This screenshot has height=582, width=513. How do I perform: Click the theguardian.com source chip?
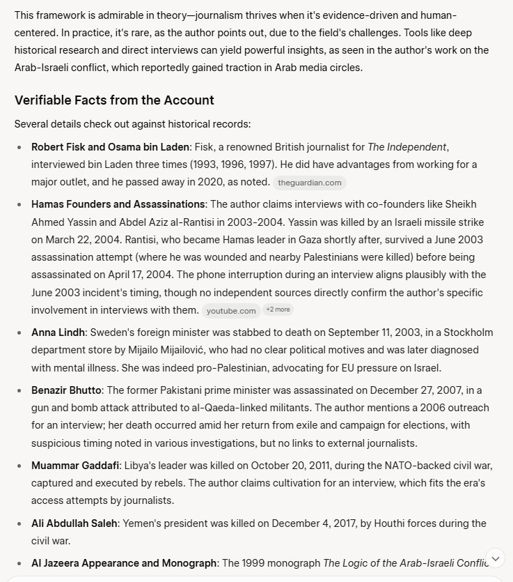tap(309, 183)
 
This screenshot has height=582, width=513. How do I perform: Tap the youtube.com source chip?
tap(231, 311)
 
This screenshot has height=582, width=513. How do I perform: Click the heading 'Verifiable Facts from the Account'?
tap(114, 100)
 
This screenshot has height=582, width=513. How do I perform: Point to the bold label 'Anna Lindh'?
tap(58, 332)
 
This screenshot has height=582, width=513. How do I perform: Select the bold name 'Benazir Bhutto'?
tap(66, 390)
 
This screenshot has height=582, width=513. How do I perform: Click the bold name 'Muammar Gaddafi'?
tap(75, 465)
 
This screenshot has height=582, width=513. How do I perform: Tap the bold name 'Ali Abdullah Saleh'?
tap(74, 523)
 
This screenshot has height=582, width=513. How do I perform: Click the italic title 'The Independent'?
tap(407, 147)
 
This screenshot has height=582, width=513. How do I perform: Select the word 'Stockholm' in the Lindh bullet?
tap(468, 332)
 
